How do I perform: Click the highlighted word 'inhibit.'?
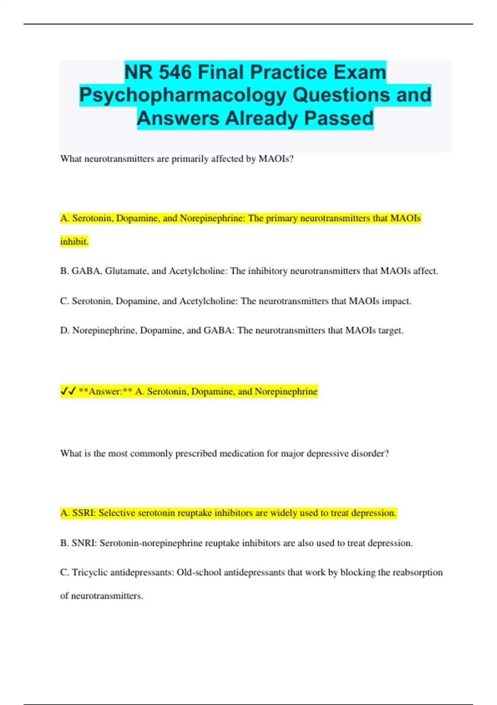(x=74, y=241)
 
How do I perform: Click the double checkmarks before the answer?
(x=68, y=391)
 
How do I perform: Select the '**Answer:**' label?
(x=105, y=391)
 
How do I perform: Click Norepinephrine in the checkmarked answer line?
(x=286, y=391)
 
